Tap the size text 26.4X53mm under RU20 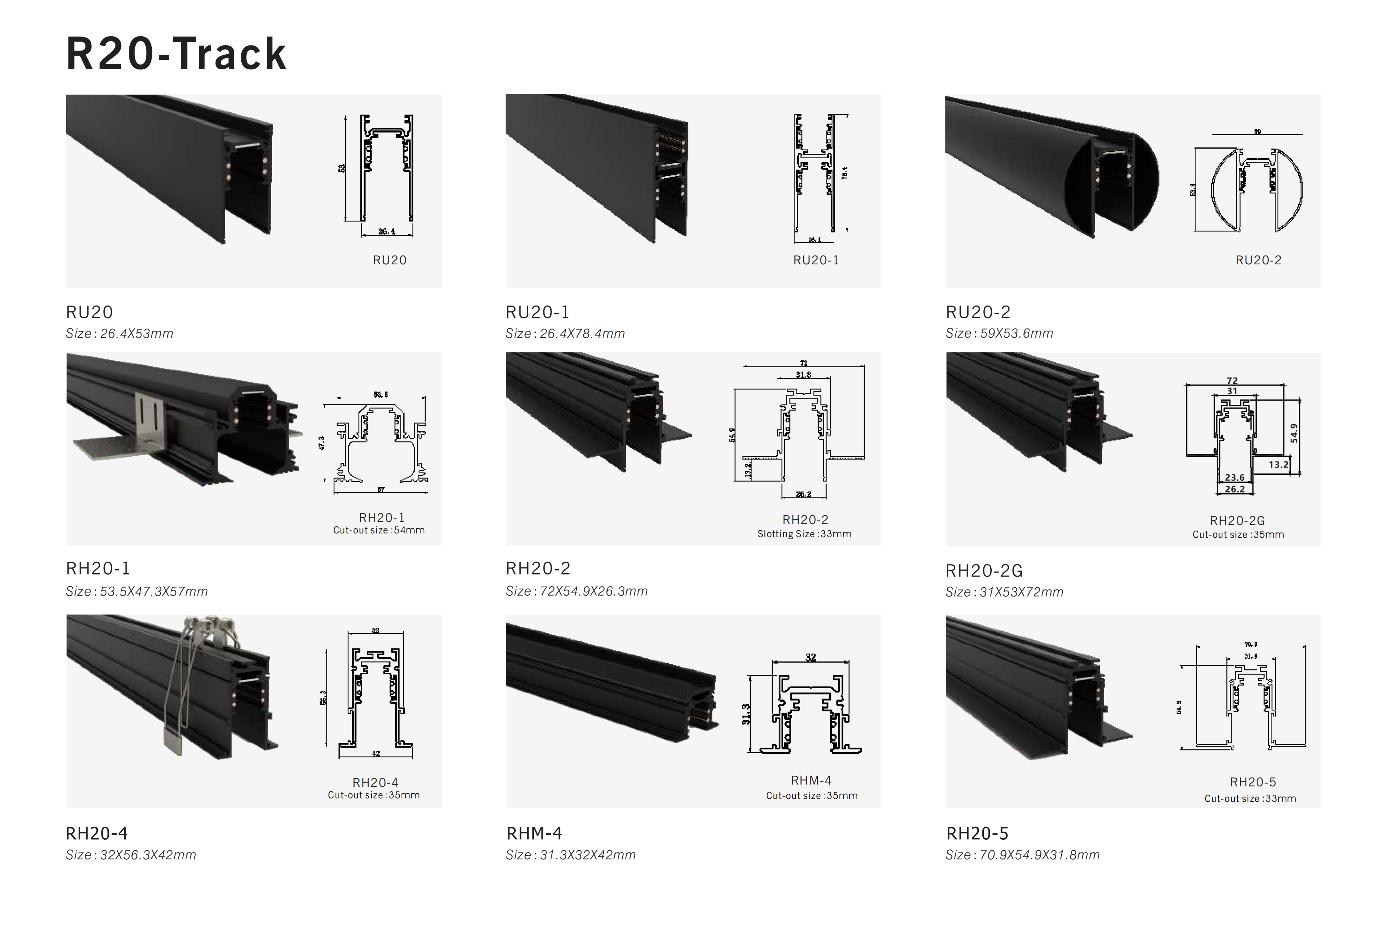tap(136, 334)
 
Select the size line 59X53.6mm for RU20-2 tap(1016, 334)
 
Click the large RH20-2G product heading tap(984, 571)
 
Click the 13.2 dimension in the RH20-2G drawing tap(1278, 465)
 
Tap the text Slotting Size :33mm tap(804, 534)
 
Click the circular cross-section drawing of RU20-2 tap(1257, 189)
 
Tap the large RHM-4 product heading tap(534, 833)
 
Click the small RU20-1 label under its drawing tap(816, 260)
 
